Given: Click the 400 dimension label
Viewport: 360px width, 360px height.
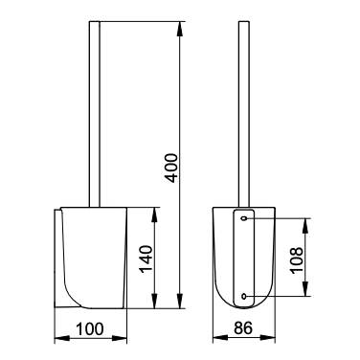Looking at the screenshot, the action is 172,169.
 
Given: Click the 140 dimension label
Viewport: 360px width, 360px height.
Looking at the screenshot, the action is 146,259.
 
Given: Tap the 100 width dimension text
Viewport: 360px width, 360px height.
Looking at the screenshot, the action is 90,329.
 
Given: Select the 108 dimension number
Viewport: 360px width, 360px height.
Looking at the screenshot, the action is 297,259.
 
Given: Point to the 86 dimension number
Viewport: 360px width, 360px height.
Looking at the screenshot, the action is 243,328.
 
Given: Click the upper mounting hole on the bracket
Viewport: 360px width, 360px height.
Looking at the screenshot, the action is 244,218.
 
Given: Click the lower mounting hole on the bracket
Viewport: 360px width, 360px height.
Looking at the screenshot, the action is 244,296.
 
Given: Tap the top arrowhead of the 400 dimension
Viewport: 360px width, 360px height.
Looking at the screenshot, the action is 180,30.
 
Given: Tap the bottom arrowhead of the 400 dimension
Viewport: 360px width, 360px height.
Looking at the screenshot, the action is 180,301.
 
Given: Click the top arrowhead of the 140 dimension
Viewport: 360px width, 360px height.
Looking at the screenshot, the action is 154,215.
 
